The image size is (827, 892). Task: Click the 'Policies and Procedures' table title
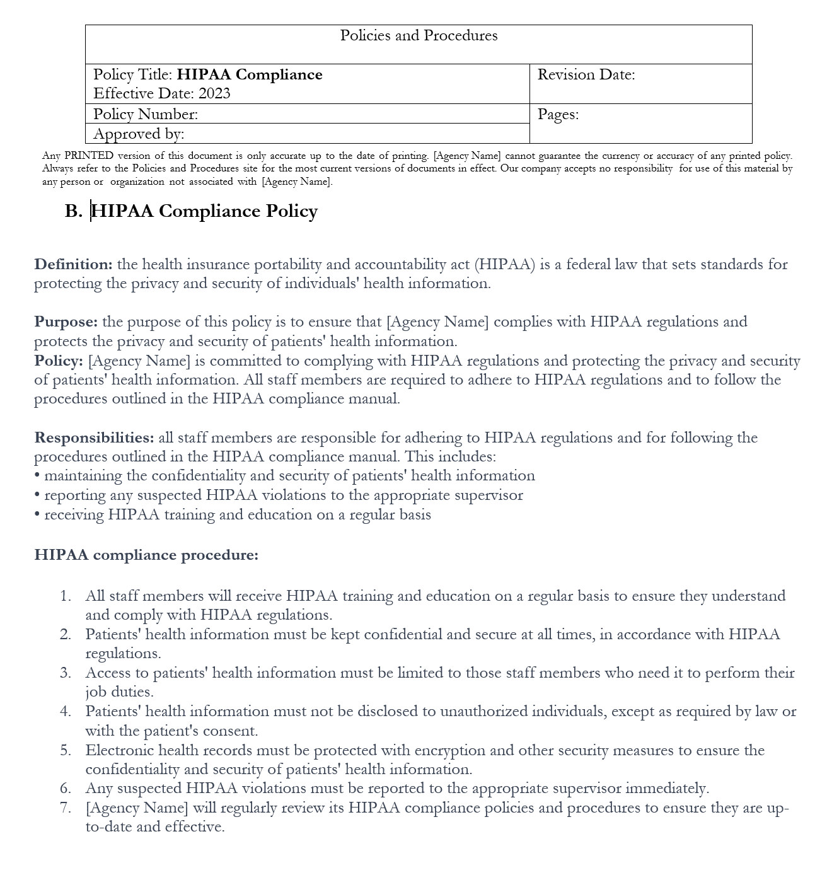(x=419, y=35)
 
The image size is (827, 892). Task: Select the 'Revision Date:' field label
(x=586, y=74)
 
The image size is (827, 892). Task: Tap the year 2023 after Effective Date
(x=214, y=93)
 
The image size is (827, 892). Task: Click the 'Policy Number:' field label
(x=145, y=114)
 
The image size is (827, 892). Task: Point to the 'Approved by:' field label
(x=139, y=134)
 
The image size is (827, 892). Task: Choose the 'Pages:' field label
(x=557, y=114)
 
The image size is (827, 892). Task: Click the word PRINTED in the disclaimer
(x=89, y=156)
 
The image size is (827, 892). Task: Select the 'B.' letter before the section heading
(x=73, y=211)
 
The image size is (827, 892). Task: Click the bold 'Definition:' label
(x=73, y=264)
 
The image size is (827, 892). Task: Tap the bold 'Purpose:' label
(x=66, y=321)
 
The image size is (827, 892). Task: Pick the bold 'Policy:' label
(x=59, y=361)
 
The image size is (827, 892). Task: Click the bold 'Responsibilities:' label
(x=94, y=437)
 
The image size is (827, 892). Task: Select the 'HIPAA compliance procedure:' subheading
(x=146, y=555)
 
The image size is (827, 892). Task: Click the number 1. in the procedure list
(x=66, y=596)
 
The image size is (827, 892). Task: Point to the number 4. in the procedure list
(x=66, y=711)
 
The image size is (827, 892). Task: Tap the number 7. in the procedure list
(x=66, y=808)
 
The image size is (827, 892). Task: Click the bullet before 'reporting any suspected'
(x=37, y=495)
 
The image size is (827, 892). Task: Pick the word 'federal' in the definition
(x=589, y=264)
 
